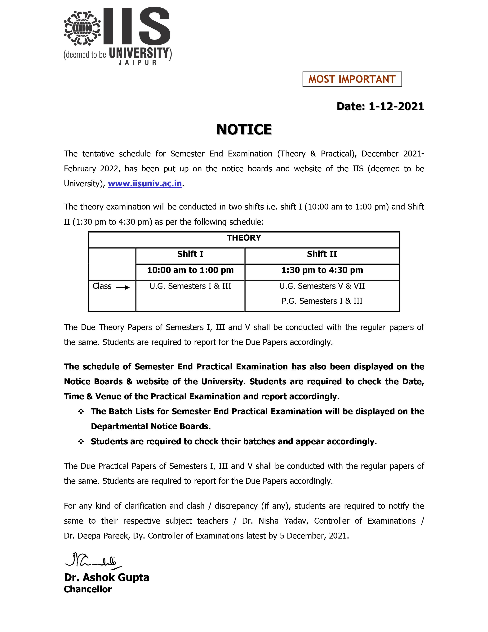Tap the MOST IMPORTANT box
pyautogui.click(x=352, y=79)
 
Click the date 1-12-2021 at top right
pyautogui.click(x=396, y=106)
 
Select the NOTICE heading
pyautogui.click(x=244, y=129)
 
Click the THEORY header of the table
pyautogui.click(x=244, y=238)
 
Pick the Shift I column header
pyautogui.click(x=190, y=254)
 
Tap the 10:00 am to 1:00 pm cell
pyautogui.click(x=190, y=270)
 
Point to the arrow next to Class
pyautogui.click(x=123, y=287)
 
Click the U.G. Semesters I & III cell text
pyautogui.click(x=190, y=286)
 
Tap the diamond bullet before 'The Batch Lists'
pyautogui.click(x=81, y=412)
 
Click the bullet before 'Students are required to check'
pyautogui.click(x=81, y=442)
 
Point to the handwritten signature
pyautogui.click(x=92, y=560)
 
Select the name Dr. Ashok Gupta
pyautogui.click(x=106, y=578)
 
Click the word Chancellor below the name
pyautogui.click(x=88, y=589)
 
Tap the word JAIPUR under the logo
pyautogui.click(x=137, y=62)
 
